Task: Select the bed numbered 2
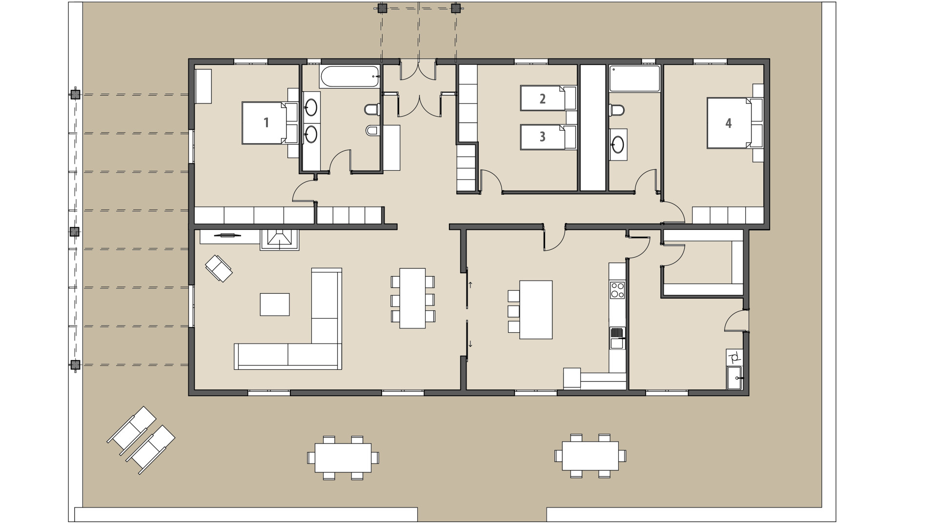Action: pyautogui.click(x=542, y=99)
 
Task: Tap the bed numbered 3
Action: pyautogui.click(x=542, y=137)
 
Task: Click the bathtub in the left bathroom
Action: pyautogui.click(x=349, y=77)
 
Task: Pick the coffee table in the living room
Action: pyautogui.click(x=274, y=304)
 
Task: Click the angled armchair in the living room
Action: pyautogui.click(x=219, y=268)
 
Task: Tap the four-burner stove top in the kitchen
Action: pyautogui.click(x=617, y=289)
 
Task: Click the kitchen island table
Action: pyautogui.click(x=536, y=309)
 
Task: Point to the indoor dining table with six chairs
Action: pyautogui.click(x=412, y=298)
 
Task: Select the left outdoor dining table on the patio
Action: pyautogui.click(x=343, y=457)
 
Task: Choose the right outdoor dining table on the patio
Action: pyautogui.click(x=591, y=456)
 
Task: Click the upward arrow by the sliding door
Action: pyautogui.click(x=470, y=285)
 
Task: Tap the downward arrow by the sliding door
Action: pyautogui.click(x=470, y=344)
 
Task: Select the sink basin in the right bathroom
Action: pyautogui.click(x=618, y=144)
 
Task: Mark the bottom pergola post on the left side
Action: pyautogui.click(x=75, y=365)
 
